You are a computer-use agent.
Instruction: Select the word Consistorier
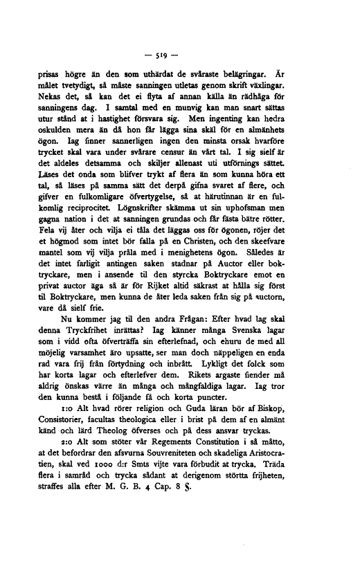(60, 471)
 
